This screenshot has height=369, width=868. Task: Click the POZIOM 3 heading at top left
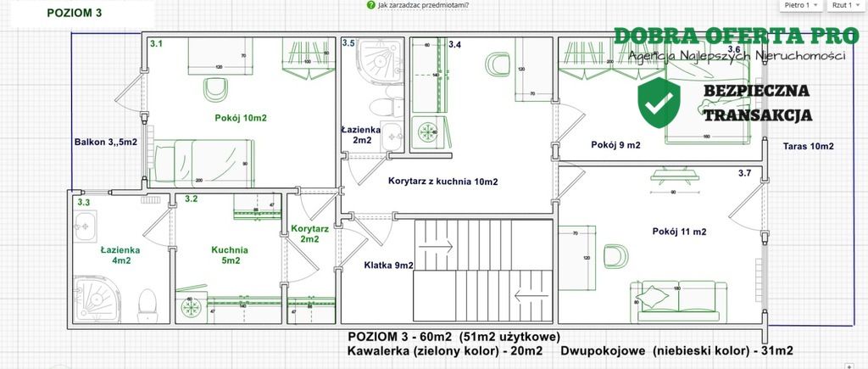tap(75, 14)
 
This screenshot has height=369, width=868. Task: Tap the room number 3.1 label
tap(156, 43)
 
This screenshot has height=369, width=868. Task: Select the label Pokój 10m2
tap(241, 118)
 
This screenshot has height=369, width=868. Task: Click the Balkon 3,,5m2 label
tap(105, 143)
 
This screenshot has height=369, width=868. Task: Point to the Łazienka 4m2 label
tap(120, 255)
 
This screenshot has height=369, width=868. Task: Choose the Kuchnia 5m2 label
tap(230, 255)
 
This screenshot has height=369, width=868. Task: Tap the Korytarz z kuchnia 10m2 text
tap(442, 182)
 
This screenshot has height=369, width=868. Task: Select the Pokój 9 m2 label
tap(615, 145)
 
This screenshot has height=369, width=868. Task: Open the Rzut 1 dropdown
tap(845, 5)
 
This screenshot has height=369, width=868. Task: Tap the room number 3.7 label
tap(744, 174)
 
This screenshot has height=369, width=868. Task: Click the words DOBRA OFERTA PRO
tap(730, 36)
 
